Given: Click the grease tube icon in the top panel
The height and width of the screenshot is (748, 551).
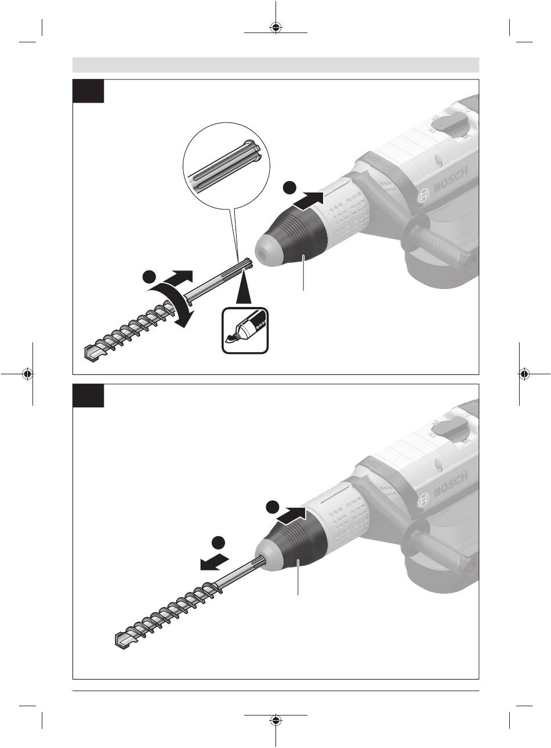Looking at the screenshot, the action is point(245,330).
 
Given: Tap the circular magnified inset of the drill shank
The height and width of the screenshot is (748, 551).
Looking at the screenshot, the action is point(227,166).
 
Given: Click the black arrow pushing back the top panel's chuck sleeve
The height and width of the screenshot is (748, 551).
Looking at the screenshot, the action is point(309,201).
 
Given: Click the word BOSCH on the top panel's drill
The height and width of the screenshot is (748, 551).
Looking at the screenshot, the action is point(451,180).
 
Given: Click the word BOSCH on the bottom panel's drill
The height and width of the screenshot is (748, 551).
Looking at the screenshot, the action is point(451,485).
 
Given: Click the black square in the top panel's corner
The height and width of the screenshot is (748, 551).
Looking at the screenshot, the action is point(88,91).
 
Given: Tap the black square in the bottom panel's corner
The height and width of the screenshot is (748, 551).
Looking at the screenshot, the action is point(88,395).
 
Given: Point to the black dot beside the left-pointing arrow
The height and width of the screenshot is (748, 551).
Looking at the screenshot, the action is point(218,543).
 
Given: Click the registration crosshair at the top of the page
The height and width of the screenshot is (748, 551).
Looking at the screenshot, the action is point(275,28).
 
